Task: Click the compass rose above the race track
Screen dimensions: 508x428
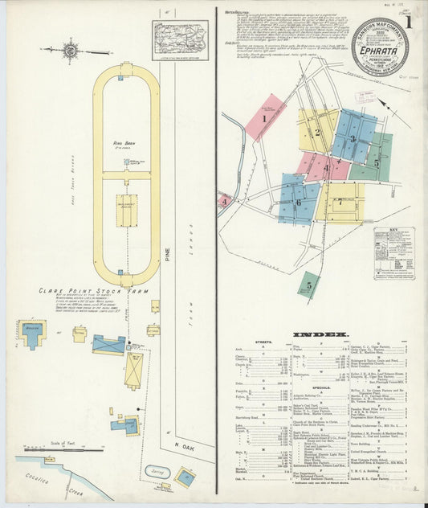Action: (x=70, y=51)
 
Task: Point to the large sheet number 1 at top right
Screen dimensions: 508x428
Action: (x=409, y=22)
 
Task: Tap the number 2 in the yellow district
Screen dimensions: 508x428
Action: (x=317, y=133)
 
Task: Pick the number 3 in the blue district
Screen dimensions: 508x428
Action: (x=353, y=139)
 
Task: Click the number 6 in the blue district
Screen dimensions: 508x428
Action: (x=299, y=202)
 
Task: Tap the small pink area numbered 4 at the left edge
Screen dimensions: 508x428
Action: (x=224, y=200)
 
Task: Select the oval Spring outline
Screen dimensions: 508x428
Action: (x=157, y=472)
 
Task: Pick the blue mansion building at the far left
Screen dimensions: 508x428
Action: (x=32, y=334)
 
